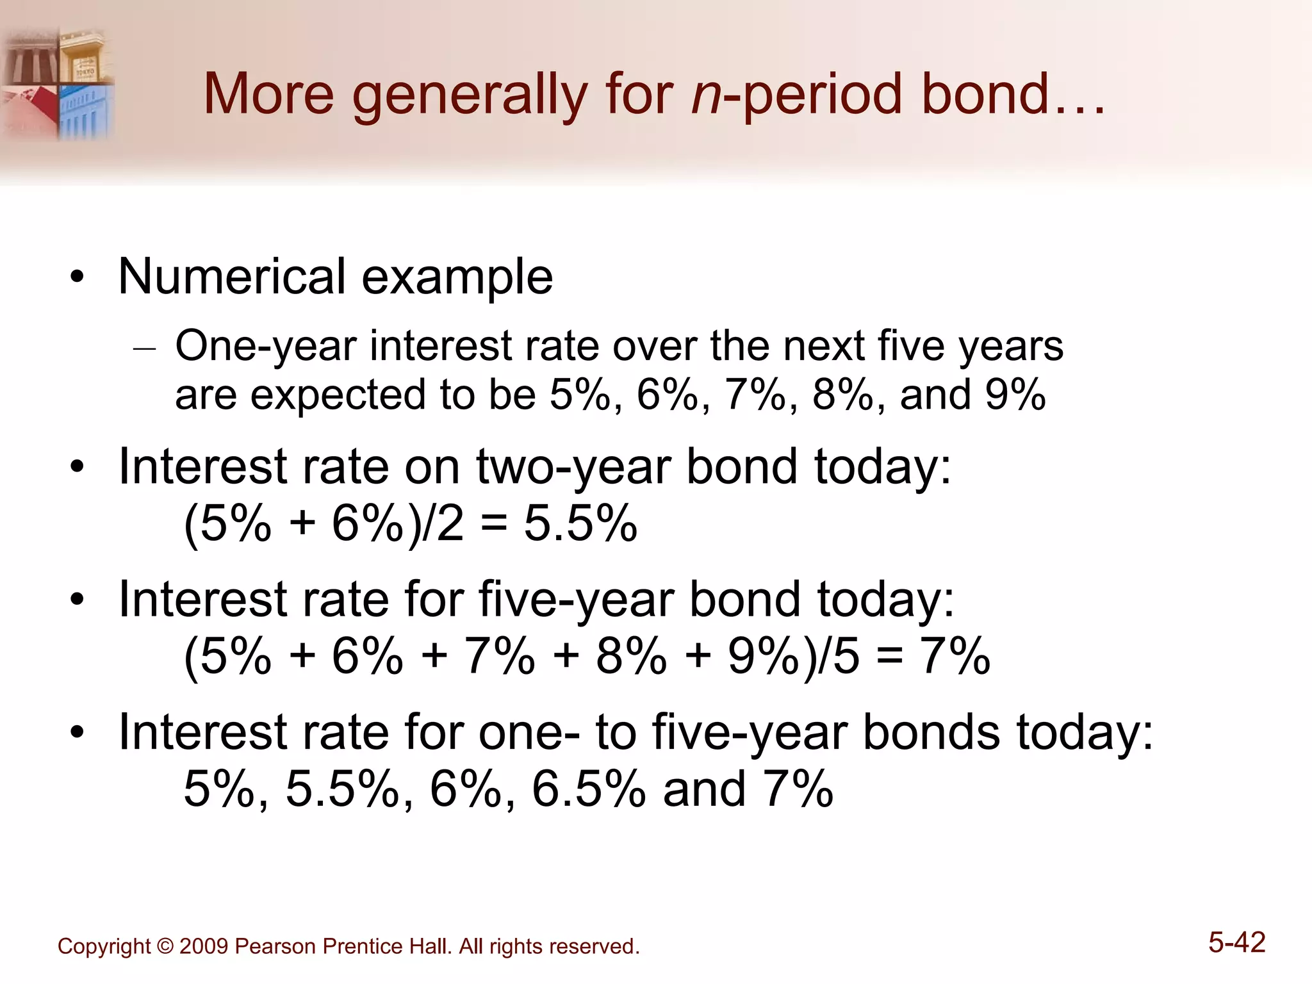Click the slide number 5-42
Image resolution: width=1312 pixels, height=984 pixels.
point(1236,942)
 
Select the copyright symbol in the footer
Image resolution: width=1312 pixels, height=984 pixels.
point(165,946)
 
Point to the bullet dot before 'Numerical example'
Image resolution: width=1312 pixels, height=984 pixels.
point(78,278)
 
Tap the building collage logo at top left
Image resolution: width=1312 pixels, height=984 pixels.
point(58,83)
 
